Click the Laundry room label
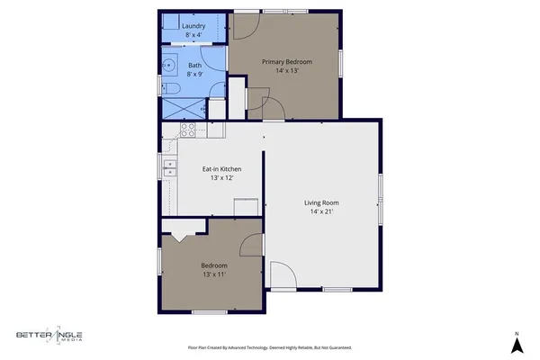point(193,26)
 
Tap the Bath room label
point(195,65)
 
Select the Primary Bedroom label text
point(286,61)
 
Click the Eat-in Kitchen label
point(221,168)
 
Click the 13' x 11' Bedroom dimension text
point(213,274)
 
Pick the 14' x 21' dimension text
point(321,212)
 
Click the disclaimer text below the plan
point(269,346)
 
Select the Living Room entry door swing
point(282,275)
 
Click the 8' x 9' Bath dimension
point(195,74)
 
